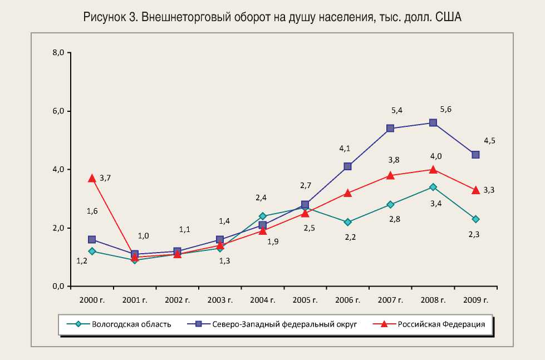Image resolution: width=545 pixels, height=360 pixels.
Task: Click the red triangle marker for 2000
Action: tap(92, 178)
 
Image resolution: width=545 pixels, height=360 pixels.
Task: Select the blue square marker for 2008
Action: tap(433, 123)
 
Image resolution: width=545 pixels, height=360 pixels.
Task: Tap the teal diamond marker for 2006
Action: tap(348, 222)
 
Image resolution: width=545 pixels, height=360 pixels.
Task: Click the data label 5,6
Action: tap(445, 110)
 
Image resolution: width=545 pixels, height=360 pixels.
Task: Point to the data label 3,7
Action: tap(105, 178)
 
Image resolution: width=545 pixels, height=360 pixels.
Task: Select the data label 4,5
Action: tap(489, 141)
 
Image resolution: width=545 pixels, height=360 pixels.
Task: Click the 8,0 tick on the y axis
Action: tap(58, 53)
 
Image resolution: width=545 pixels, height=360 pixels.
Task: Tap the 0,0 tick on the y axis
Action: tap(58, 287)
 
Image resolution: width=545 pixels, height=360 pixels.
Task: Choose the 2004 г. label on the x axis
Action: tap(263, 300)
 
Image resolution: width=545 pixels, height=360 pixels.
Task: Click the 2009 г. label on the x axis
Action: tap(476, 300)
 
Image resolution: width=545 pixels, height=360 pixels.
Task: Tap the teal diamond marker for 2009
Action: tap(476, 219)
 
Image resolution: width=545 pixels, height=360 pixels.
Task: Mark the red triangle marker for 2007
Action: tap(391, 175)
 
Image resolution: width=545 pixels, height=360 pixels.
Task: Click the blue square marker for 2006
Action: tap(348, 166)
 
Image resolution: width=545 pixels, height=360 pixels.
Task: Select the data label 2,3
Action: tap(474, 234)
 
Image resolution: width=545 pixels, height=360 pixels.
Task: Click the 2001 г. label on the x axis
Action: tap(135, 300)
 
